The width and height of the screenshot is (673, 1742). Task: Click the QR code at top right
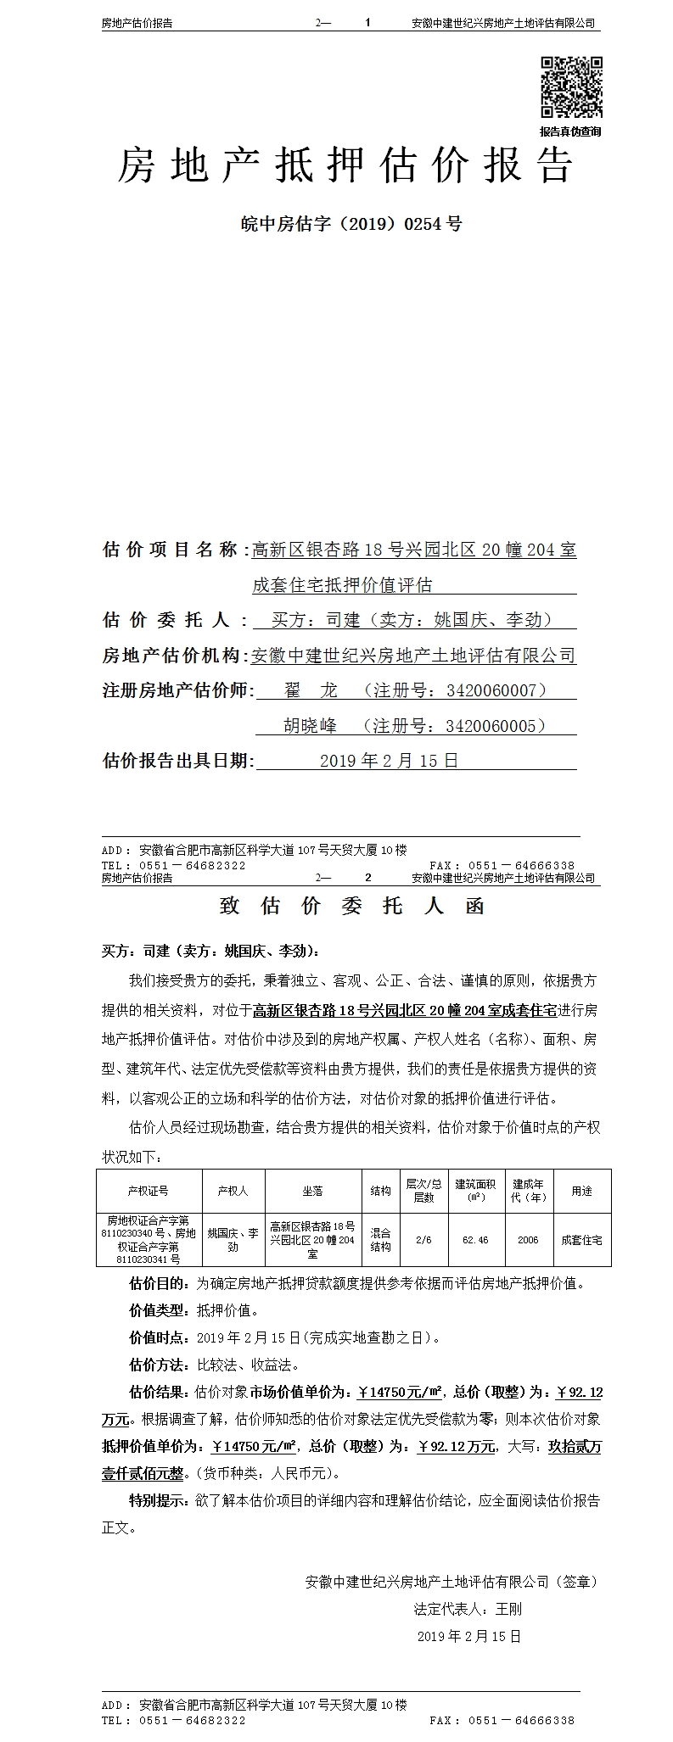pos(571,87)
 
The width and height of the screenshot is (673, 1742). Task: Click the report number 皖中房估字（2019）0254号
pos(351,224)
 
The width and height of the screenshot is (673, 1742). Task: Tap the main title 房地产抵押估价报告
pos(345,165)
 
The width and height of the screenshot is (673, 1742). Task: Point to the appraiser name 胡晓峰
pos(310,726)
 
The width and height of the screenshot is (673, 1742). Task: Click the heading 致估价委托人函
pos(351,906)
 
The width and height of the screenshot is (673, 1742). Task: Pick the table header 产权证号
pos(149,1191)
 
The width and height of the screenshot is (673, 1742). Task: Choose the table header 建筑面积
pos(475,1191)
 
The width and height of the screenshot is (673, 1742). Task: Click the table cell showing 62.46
pos(475,1239)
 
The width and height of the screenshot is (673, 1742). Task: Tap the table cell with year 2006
pos(528,1239)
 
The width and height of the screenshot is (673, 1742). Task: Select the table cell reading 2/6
pos(423,1239)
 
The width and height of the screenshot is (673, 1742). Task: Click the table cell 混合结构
pos(380,1239)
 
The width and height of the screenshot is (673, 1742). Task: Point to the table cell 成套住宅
pos(581,1239)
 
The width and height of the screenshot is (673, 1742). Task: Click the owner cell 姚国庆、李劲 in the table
pos(233,1239)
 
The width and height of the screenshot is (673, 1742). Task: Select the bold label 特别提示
pos(157,1500)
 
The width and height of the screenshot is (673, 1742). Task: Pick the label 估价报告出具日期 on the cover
pos(177,761)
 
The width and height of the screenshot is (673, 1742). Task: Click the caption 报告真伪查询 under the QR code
pos(570,131)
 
